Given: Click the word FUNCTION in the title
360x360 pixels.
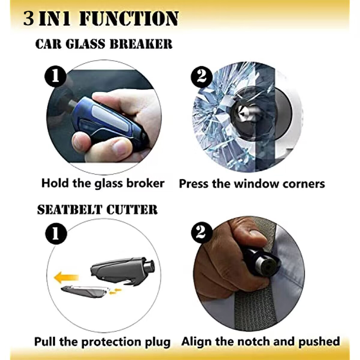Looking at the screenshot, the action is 129,18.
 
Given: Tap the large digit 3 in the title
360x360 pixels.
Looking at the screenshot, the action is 29,18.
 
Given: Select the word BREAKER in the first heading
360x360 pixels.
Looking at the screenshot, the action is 141,44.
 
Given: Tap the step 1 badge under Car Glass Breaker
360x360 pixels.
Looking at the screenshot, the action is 55,76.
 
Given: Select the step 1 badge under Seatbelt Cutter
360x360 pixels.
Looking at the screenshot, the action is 56,234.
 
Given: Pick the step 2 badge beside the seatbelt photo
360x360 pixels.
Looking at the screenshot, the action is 202,233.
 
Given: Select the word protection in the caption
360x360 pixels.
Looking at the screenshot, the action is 112,342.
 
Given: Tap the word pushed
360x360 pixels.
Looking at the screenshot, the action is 319,342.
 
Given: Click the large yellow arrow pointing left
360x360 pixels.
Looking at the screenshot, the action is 66,277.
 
